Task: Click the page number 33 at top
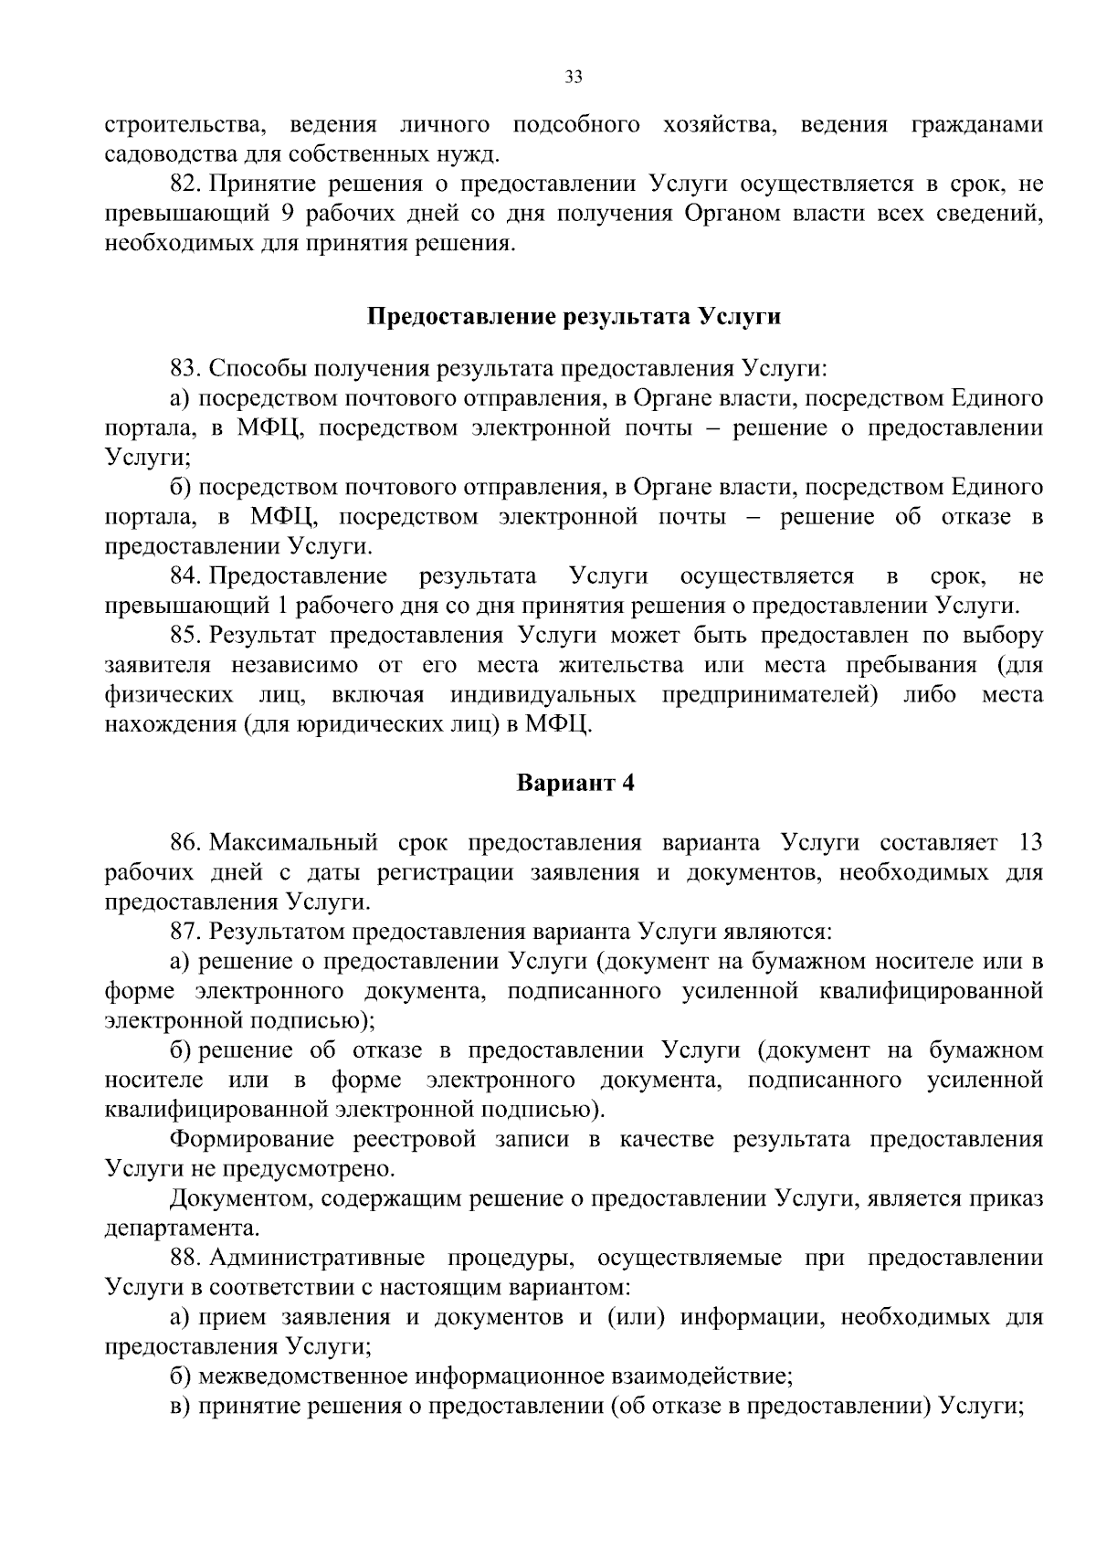click(574, 77)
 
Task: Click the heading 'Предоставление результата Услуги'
click(574, 317)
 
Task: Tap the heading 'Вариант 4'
click(575, 784)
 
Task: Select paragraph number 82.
click(186, 184)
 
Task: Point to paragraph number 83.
click(186, 368)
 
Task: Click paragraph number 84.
click(186, 576)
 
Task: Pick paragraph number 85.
click(186, 636)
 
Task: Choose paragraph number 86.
click(186, 842)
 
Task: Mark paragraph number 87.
click(186, 932)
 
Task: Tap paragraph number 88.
click(186, 1258)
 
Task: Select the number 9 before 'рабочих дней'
click(281, 214)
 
